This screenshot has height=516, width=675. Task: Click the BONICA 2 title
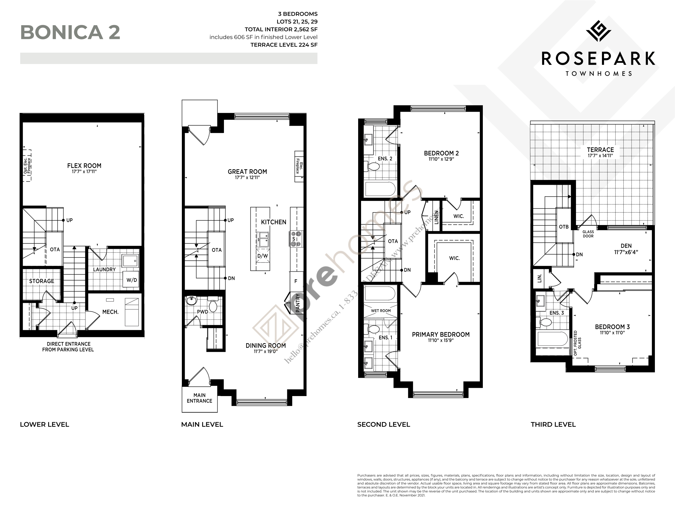(x=70, y=32)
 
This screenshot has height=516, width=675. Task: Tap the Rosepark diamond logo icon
(x=598, y=31)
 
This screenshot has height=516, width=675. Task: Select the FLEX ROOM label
(x=84, y=165)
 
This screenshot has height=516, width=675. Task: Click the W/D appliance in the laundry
(x=132, y=280)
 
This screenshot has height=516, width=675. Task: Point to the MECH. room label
(x=110, y=312)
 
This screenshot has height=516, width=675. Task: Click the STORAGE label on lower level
(x=42, y=281)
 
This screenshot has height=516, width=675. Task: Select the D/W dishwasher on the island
(x=262, y=256)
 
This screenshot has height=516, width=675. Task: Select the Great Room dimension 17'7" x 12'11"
(x=247, y=178)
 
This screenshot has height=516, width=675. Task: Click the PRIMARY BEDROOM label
(x=440, y=334)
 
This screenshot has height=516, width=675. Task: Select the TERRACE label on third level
(x=600, y=150)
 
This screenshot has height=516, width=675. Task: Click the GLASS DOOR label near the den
(x=588, y=234)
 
